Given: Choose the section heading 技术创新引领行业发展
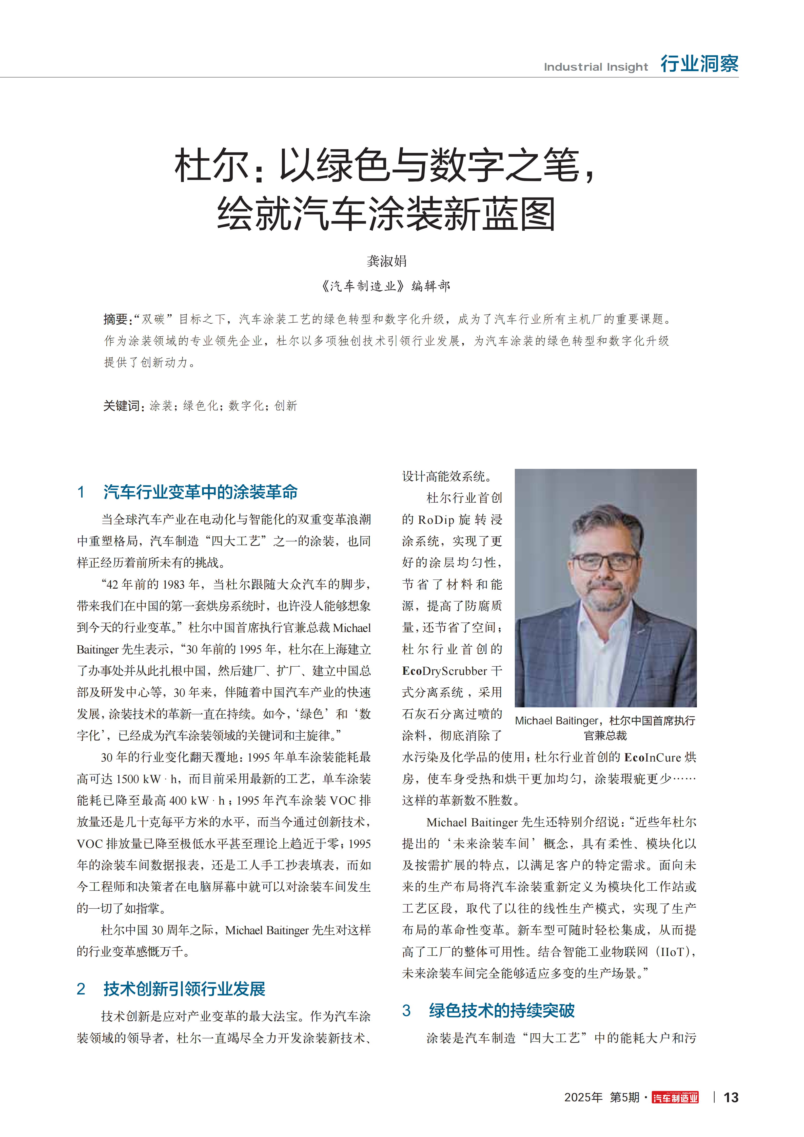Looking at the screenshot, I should (184, 989).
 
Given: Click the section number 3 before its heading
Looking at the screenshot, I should (406, 1010).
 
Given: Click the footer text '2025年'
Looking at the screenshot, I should (583, 1098).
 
